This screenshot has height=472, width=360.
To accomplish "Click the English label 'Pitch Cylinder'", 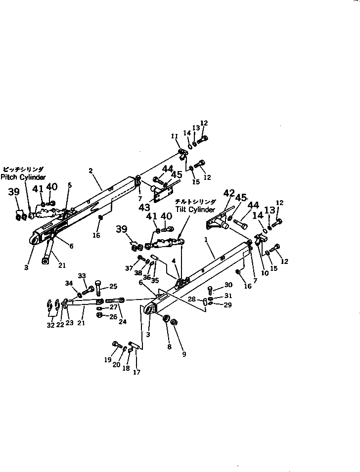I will click(x=23, y=176).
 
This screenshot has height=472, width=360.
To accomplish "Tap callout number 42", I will click(x=228, y=193).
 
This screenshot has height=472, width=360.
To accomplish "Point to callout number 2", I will click(x=91, y=171).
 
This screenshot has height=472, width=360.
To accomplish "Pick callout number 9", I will click(x=184, y=354).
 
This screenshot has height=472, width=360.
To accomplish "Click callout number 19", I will click(x=108, y=360).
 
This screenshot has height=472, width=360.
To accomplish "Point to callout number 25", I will click(x=113, y=286).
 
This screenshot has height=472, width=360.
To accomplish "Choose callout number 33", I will click(x=82, y=276).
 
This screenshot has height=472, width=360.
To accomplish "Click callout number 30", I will click(x=228, y=285).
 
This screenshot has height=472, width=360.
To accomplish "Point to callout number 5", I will click(x=70, y=185).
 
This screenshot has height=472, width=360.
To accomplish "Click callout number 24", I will click(x=123, y=321).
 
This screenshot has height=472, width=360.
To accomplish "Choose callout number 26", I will click(x=113, y=316).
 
